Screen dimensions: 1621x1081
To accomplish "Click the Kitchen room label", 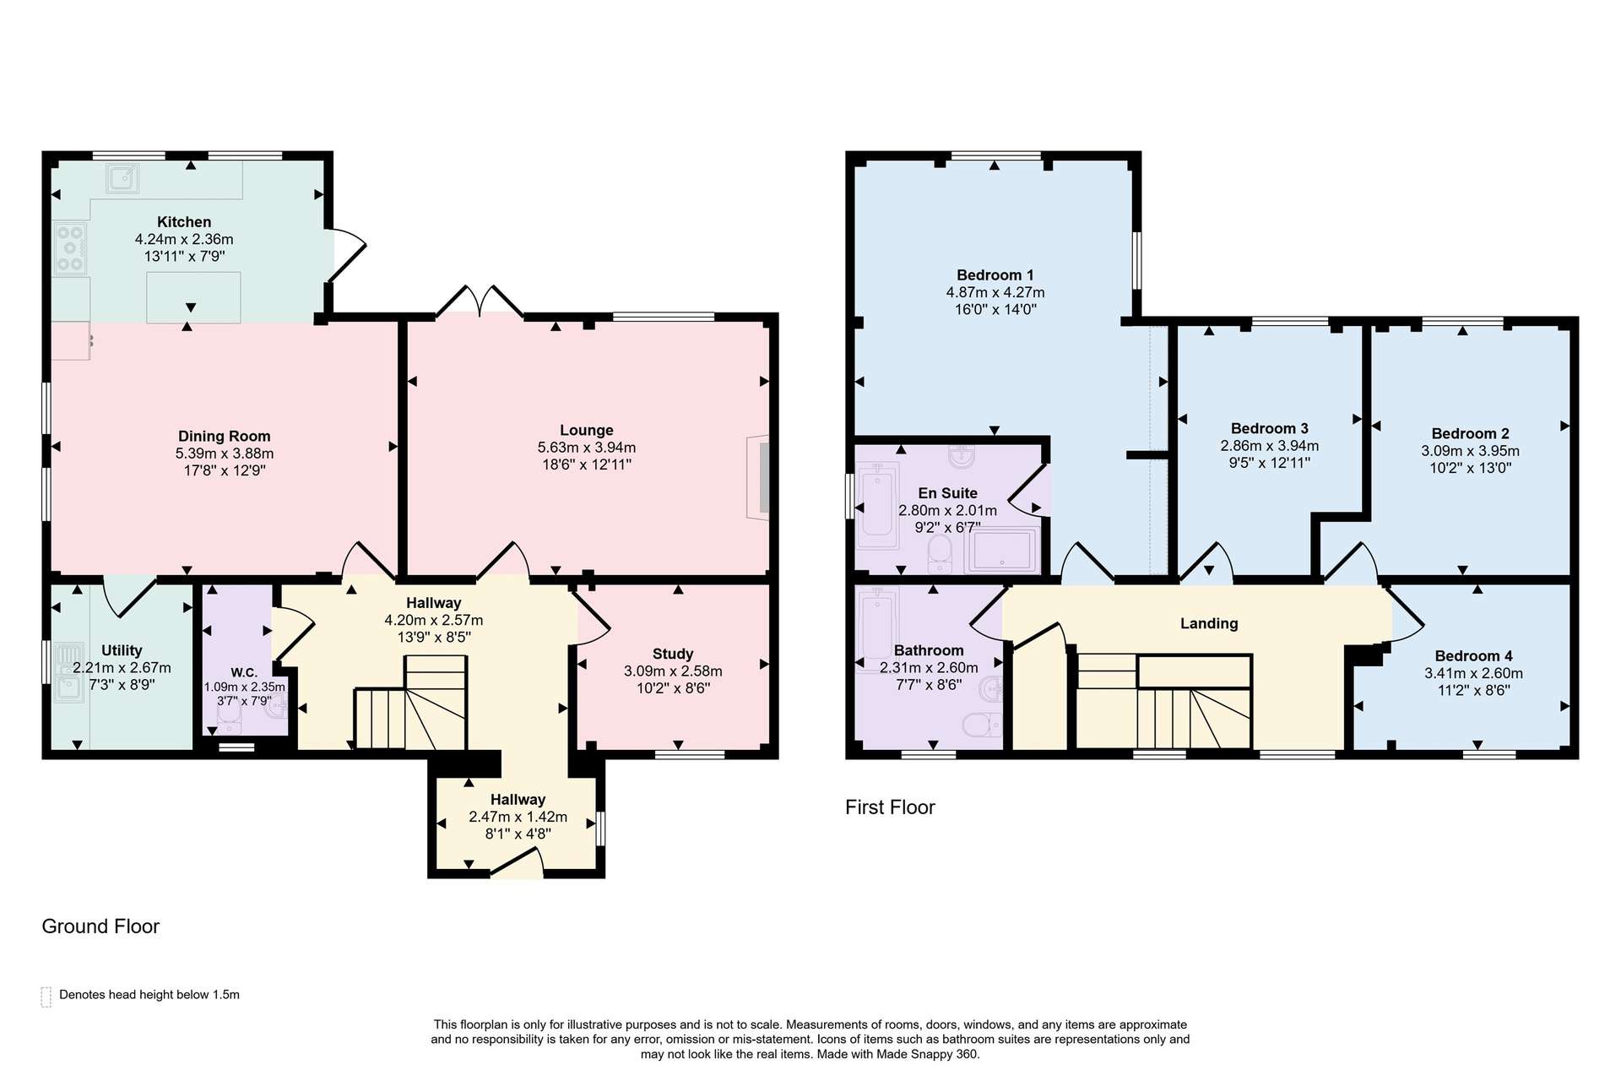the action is [184, 222].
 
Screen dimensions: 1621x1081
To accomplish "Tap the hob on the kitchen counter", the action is [70, 248].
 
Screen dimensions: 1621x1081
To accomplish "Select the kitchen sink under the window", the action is [123, 178].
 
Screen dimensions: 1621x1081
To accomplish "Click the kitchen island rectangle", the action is [193, 297].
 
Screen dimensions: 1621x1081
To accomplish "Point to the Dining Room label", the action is [225, 436].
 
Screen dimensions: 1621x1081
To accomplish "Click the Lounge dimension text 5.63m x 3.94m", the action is [587, 448].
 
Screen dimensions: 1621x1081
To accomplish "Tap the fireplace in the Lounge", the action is [758, 478].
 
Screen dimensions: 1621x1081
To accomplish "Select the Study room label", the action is [673, 654].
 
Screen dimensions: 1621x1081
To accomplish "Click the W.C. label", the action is [244, 672].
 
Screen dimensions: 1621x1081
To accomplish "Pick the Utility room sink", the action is [68, 673].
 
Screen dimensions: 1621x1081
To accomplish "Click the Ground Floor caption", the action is [100, 926].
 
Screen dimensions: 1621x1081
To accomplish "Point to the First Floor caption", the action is [890, 807].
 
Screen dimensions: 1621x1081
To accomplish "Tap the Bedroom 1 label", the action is [995, 274].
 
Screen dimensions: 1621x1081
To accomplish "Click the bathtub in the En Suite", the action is [878, 506].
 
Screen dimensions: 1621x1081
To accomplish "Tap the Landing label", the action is [1209, 623].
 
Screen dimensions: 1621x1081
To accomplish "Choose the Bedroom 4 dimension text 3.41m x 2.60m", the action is [1474, 673].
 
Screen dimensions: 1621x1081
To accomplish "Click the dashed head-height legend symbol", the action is [46, 997].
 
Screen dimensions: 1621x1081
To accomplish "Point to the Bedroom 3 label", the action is [1270, 428].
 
